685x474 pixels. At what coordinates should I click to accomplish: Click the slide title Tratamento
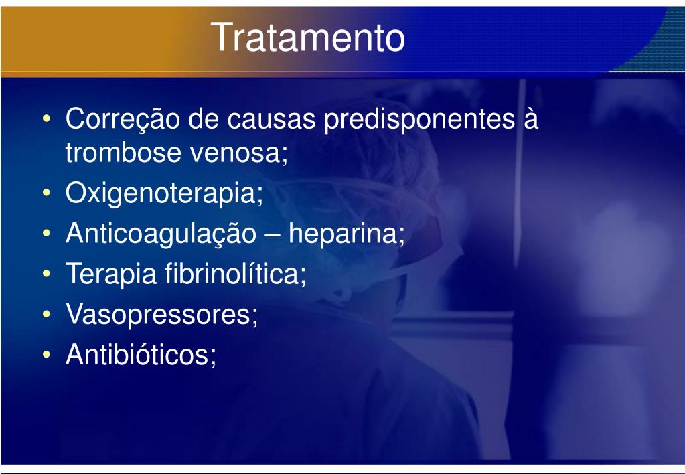tap(308, 37)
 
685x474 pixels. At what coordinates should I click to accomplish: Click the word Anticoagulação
tap(161, 234)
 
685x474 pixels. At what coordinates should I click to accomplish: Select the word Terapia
tap(111, 274)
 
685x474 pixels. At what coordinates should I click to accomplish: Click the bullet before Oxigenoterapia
tap(47, 193)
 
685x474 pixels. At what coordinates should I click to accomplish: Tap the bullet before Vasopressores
tap(47, 314)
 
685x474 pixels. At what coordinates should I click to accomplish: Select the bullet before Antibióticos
tap(47, 354)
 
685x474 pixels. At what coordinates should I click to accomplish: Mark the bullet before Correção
tap(47, 118)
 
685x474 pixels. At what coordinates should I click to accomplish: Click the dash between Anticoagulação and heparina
tap(272, 236)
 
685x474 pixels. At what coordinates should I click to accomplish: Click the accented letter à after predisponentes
tap(531, 118)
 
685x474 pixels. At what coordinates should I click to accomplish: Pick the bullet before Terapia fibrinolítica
tap(47, 273)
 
